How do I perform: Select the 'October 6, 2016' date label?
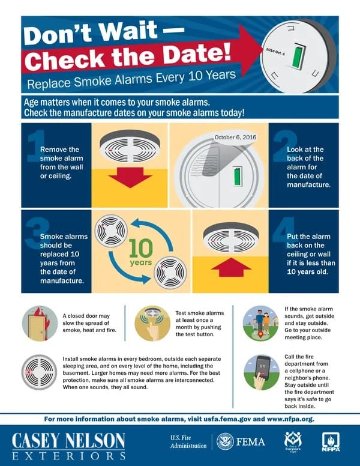coord(235,138)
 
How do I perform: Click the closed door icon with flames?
coord(40,324)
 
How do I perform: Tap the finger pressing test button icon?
coord(152,324)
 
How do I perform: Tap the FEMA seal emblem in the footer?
coord(225,442)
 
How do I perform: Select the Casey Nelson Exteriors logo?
coord(68,443)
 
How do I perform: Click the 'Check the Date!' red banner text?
coord(131,59)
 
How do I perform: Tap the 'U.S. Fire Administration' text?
coord(187,442)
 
